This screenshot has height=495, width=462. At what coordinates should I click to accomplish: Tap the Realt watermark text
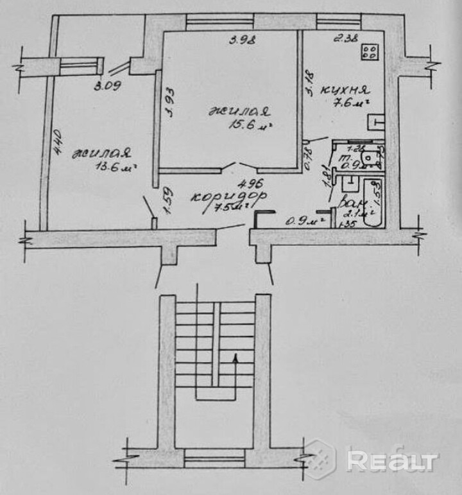tap(392, 460)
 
